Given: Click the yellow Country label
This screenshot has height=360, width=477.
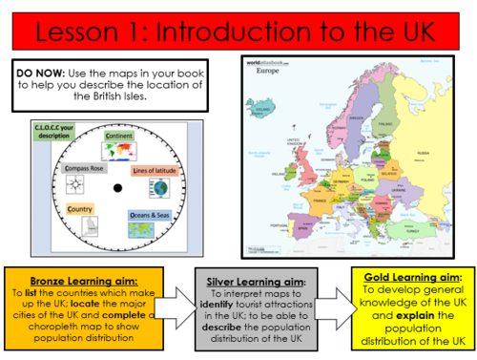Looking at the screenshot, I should point(80,207).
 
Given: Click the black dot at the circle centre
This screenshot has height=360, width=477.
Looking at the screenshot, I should point(116,187).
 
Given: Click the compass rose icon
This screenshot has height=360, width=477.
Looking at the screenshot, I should point(78,185).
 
